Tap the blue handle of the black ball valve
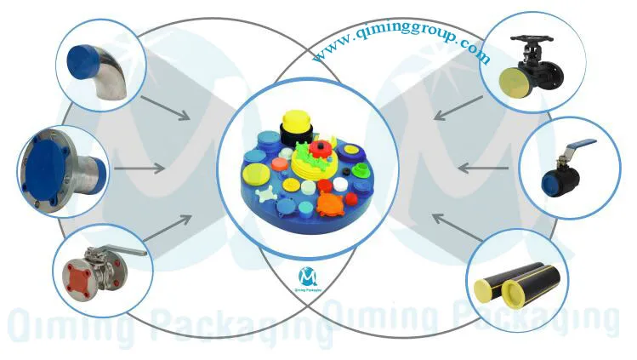pyautogui.click(x=579, y=146)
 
